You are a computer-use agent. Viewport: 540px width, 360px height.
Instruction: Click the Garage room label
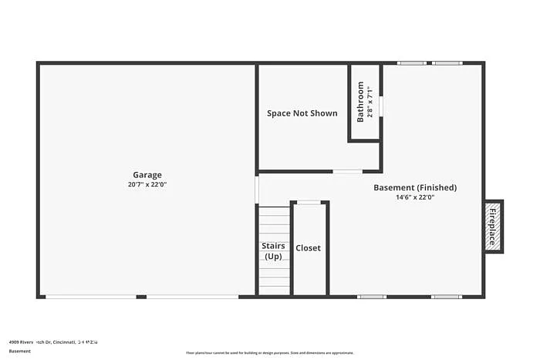147,175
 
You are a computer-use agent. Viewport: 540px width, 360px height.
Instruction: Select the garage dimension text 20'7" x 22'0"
147,185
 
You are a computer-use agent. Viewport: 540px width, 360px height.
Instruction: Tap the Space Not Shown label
302,113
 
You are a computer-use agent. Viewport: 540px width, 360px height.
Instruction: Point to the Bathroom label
360,103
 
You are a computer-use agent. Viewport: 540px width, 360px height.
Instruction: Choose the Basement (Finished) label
415,187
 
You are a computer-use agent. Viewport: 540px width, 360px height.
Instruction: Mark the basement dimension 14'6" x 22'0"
415,197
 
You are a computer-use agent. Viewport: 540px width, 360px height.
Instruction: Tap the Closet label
308,248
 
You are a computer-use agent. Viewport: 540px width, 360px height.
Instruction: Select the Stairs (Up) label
273,251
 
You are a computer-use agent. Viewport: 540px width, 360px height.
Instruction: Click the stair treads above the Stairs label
273,224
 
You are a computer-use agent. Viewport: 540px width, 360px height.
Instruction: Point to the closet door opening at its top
309,203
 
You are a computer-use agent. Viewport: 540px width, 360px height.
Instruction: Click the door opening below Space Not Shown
347,171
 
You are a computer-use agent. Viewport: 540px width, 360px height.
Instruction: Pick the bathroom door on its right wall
381,106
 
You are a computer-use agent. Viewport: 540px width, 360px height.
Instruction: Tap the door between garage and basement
256,190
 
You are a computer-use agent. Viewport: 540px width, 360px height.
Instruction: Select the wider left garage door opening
90,297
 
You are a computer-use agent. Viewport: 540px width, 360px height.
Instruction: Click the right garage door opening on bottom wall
192,297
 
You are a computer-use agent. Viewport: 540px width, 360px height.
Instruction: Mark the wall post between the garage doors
141,297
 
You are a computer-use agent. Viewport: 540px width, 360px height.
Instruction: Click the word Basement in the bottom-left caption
20,352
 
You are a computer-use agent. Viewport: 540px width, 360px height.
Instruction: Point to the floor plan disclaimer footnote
258,353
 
